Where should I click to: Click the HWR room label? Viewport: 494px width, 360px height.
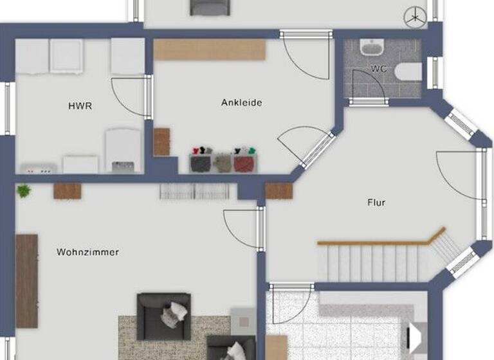tap(80, 105)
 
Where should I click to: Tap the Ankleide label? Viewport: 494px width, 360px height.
tap(241, 102)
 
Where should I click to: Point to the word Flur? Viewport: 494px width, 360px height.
tap(376, 203)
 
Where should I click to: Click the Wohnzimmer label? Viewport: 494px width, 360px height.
tap(87, 252)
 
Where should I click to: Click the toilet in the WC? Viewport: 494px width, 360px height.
tap(408, 71)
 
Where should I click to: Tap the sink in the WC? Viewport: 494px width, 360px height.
tap(371, 48)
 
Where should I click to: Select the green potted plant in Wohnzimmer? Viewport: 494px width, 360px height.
tap(24, 190)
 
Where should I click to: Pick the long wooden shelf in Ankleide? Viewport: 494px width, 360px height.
tap(210, 50)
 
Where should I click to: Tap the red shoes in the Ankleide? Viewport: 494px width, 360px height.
tap(244, 162)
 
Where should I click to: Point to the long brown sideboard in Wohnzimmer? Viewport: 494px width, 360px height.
tap(26, 281)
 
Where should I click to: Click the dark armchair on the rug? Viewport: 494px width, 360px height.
tap(164, 316)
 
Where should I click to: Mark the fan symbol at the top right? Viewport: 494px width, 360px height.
tap(415, 17)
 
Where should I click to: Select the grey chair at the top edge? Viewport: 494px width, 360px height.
tap(210, 7)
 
